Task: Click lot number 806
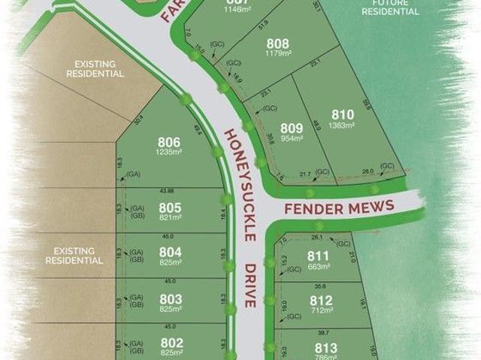pyautogui.click(x=169, y=142)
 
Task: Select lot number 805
pyautogui.click(x=171, y=207)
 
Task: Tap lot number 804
pyautogui.click(x=171, y=253)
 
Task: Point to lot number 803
pyautogui.click(x=171, y=298)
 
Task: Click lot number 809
pyautogui.click(x=292, y=128)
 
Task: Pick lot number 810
pyautogui.click(x=341, y=114)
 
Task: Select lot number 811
pyautogui.click(x=319, y=256)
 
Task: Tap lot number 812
pyautogui.click(x=321, y=300)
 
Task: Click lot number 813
pyautogui.click(x=326, y=347)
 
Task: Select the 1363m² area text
pyautogui.click(x=341, y=125)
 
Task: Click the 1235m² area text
pyautogui.click(x=169, y=152)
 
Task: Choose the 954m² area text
pyautogui.click(x=292, y=138)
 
